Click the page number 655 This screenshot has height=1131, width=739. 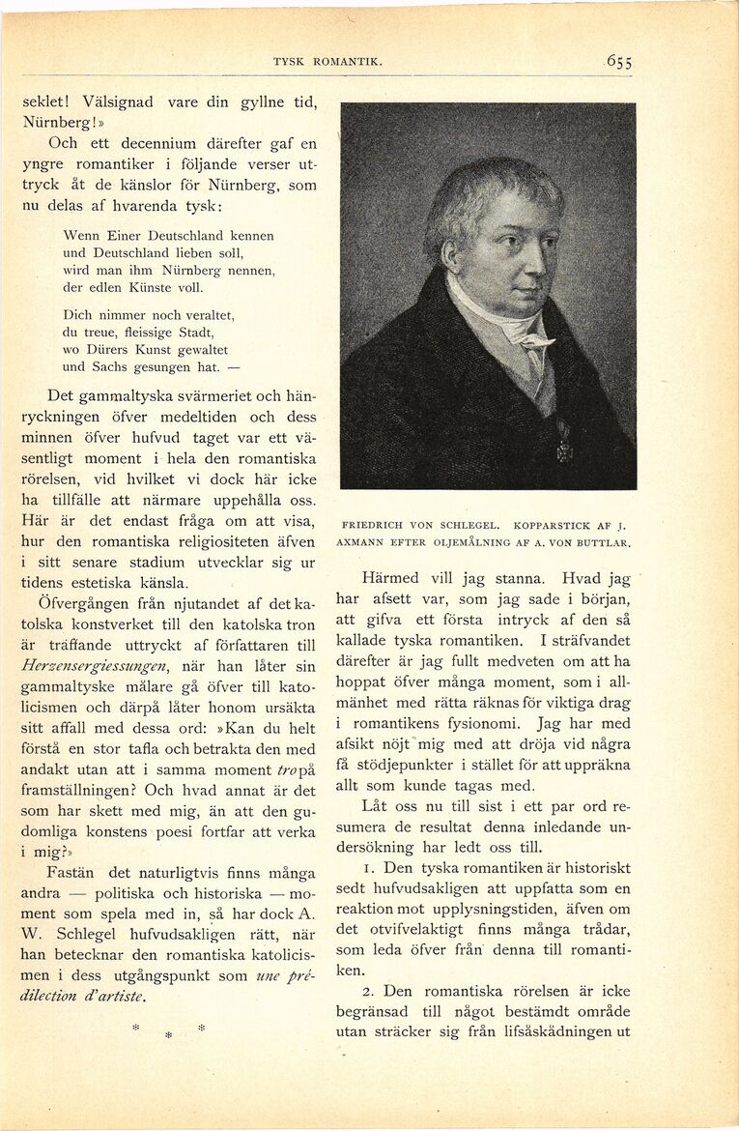(619, 62)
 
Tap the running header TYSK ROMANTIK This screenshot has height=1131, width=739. (327, 62)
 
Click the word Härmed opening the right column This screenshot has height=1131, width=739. (392, 578)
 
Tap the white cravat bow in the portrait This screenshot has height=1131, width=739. (531, 338)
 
